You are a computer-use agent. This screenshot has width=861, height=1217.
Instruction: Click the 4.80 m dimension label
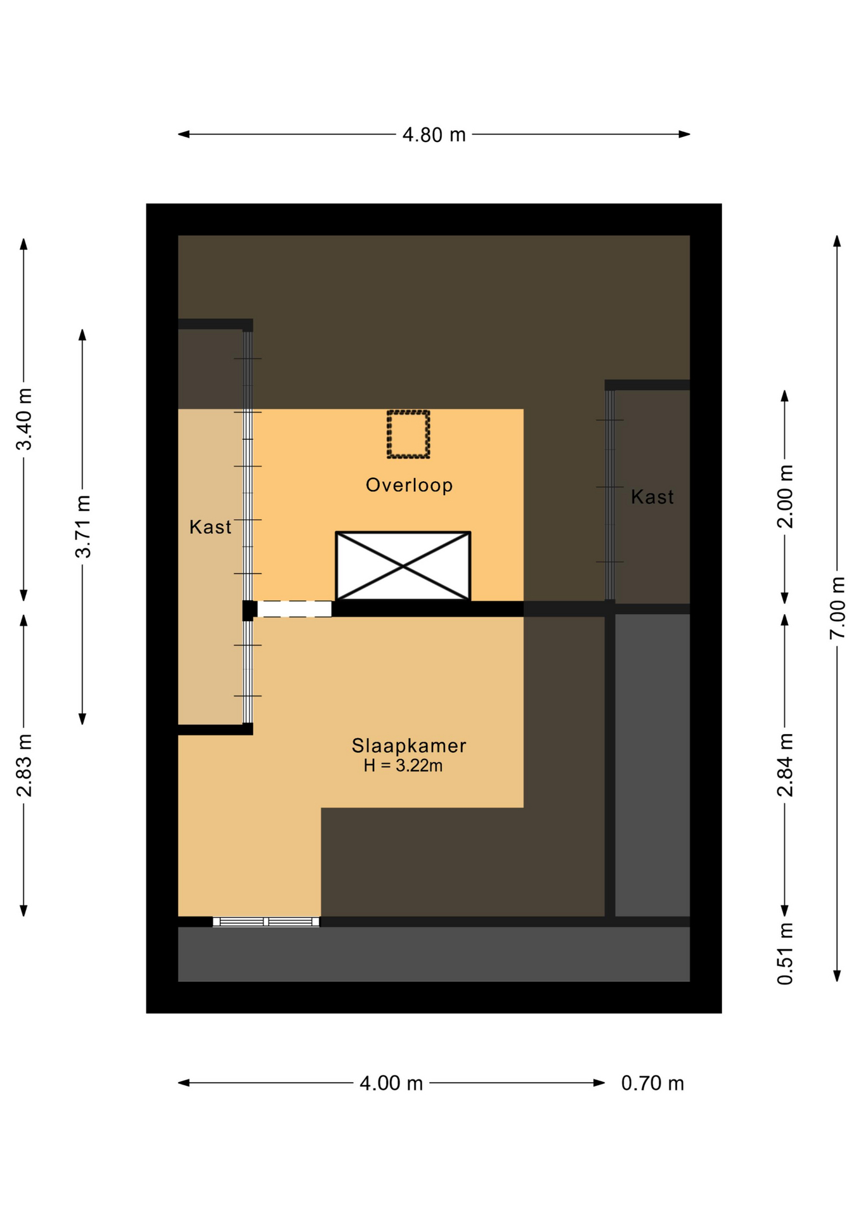pos(434,135)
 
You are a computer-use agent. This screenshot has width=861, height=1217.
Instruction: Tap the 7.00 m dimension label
pos(838,608)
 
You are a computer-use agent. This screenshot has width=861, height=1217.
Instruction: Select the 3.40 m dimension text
pos(24,419)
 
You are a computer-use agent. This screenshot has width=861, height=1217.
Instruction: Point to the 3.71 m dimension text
pos(83,527)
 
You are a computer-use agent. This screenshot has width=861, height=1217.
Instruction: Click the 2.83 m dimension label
pos(24,766)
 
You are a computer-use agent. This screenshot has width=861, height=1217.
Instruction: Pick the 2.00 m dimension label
pos(786,496)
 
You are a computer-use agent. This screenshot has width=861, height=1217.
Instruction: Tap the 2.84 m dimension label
pos(786,764)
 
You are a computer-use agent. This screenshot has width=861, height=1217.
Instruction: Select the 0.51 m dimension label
pos(786,953)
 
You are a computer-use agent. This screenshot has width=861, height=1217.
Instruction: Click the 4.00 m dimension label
pos(391,1083)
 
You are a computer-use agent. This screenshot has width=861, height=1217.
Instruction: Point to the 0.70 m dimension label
pos(652,1083)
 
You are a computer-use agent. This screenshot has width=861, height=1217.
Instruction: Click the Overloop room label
pos(409,486)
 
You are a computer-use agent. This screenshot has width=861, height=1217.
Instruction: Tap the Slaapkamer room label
pos(409,745)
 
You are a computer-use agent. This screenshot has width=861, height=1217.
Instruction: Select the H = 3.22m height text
pos(403,766)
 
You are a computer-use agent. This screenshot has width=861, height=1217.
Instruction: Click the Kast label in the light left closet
pos(210,527)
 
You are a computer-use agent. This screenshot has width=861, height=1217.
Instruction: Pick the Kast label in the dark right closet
pos(652,496)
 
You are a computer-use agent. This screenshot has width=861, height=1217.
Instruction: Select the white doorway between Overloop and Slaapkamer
pos(294,609)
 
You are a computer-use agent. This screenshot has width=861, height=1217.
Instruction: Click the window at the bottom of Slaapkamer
pos(266,922)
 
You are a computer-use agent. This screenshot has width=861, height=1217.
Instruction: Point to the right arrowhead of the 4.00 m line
pos(599,1083)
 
